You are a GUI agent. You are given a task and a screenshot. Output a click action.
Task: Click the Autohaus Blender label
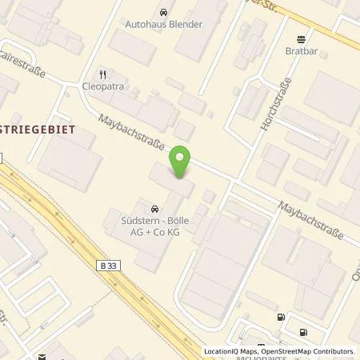[x=163, y=24]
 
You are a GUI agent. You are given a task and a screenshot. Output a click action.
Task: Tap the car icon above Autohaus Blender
[x=163, y=12]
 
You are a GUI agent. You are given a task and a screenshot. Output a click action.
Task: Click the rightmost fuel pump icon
[x=304, y=332]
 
